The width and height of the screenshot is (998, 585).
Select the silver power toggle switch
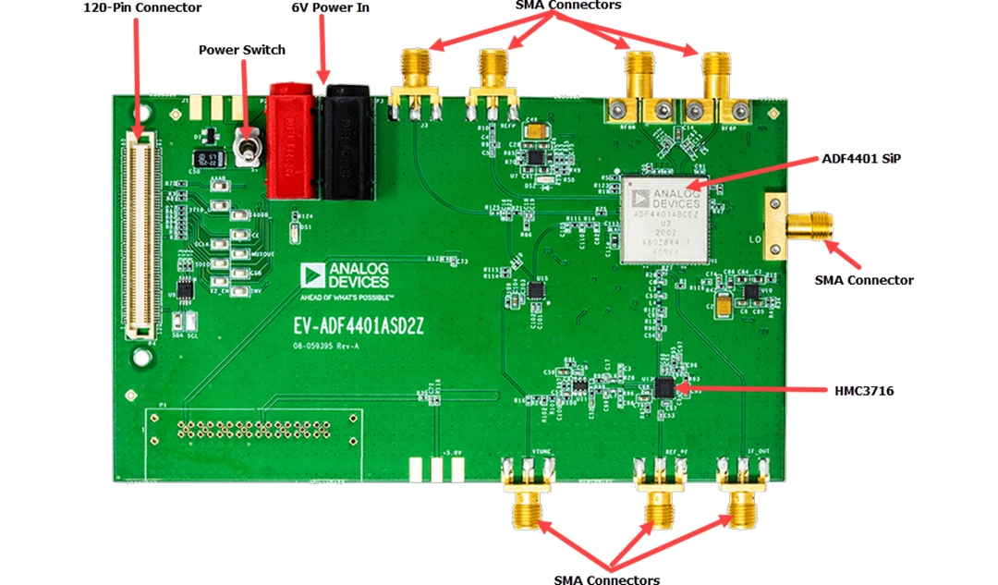(247, 148)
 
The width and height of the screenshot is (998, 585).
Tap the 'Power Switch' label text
(242, 50)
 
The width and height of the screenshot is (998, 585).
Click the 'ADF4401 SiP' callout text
(860, 158)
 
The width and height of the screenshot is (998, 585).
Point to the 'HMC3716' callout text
(862, 391)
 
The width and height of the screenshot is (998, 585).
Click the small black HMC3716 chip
(663, 387)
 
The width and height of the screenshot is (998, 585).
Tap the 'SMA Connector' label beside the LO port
(863, 280)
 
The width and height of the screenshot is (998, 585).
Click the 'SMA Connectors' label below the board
(606, 579)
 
